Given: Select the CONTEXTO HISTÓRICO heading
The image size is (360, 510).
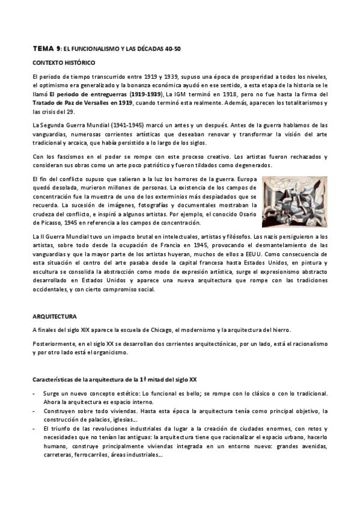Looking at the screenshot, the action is [x=64, y=63].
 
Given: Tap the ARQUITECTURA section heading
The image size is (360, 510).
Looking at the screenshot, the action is [x=55, y=315].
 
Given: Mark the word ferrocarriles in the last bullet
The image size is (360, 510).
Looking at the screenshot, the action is [x=91, y=455].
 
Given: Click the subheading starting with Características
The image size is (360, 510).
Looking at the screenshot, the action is [x=114, y=378].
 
